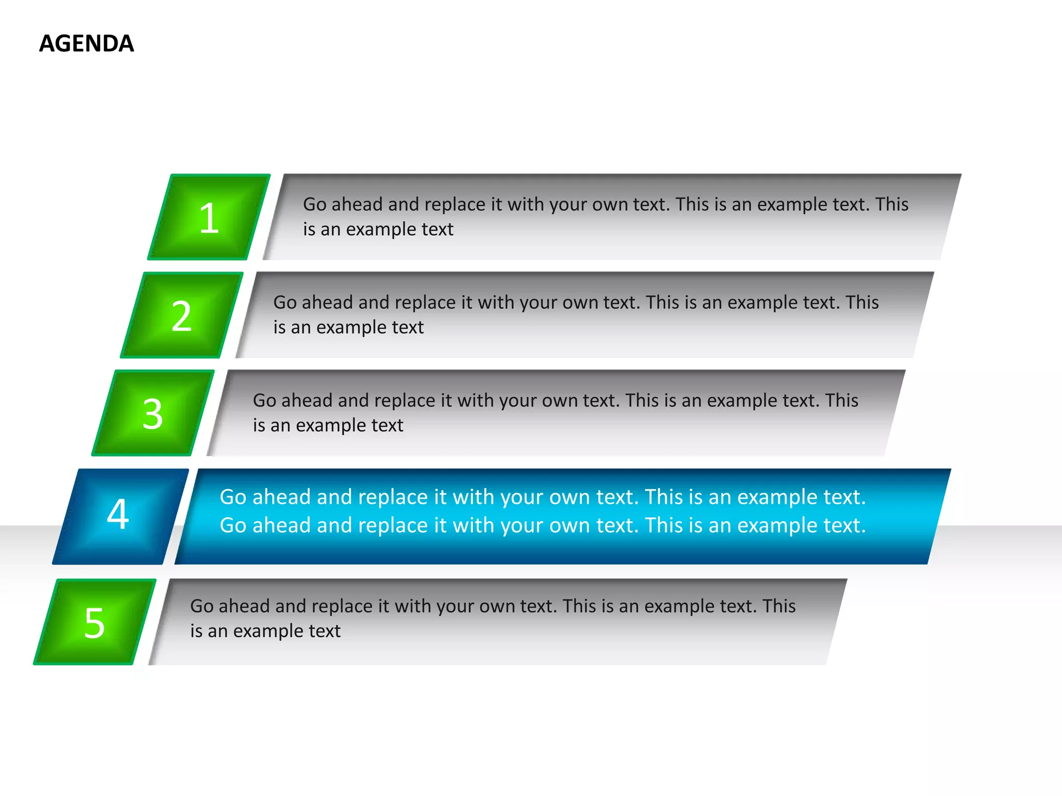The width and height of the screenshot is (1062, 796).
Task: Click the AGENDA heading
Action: click(87, 44)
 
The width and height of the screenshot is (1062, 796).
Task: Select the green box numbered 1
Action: click(209, 218)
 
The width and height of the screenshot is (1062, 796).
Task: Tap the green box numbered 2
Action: click(181, 316)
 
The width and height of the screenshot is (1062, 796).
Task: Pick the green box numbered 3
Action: click(152, 414)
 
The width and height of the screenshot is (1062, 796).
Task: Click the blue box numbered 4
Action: click(119, 515)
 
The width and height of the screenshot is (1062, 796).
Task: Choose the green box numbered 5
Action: click(94, 622)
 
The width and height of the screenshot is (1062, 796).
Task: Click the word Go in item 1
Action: click(314, 204)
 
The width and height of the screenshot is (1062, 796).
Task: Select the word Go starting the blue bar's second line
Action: click(233, 525)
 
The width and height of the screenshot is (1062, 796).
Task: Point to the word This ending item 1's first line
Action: click(892, 204)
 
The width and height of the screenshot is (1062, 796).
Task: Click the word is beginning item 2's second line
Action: click(279, 328)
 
